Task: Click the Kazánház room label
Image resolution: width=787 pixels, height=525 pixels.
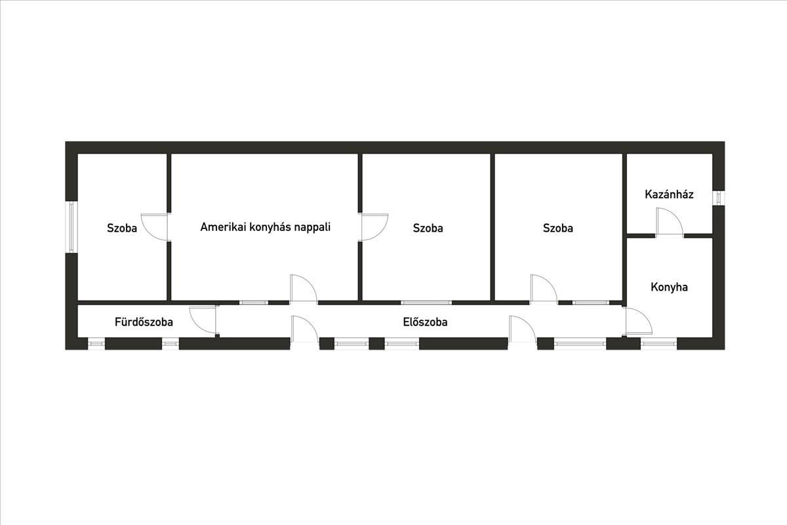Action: tap(669, 195)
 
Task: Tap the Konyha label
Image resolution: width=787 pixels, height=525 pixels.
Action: tap(669, 287)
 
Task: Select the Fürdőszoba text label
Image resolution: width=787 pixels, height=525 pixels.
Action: tap(144, 322)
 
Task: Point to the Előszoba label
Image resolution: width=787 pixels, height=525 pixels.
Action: tap(425, 322)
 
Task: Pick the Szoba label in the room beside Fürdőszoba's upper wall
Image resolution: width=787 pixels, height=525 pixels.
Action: tap(122, 228)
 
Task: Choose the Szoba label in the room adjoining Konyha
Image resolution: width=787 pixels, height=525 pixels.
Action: tap(557, 228)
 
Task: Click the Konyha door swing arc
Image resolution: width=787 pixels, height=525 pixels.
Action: tap(638, 322)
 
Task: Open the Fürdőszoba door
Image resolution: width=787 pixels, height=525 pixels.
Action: tap(203, 320)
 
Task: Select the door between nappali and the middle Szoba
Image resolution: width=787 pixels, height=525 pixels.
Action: tap(374, 226)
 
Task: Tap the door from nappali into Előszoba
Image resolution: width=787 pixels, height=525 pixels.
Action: tap(304, 289)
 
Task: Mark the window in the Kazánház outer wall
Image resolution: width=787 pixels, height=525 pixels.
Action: tap(719, 197)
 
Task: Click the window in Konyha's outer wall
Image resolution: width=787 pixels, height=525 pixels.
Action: tap(658, 343)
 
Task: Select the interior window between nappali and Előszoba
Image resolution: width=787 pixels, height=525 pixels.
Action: tap(253, 303)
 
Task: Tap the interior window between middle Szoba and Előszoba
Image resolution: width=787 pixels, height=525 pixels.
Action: tap(426, 303)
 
